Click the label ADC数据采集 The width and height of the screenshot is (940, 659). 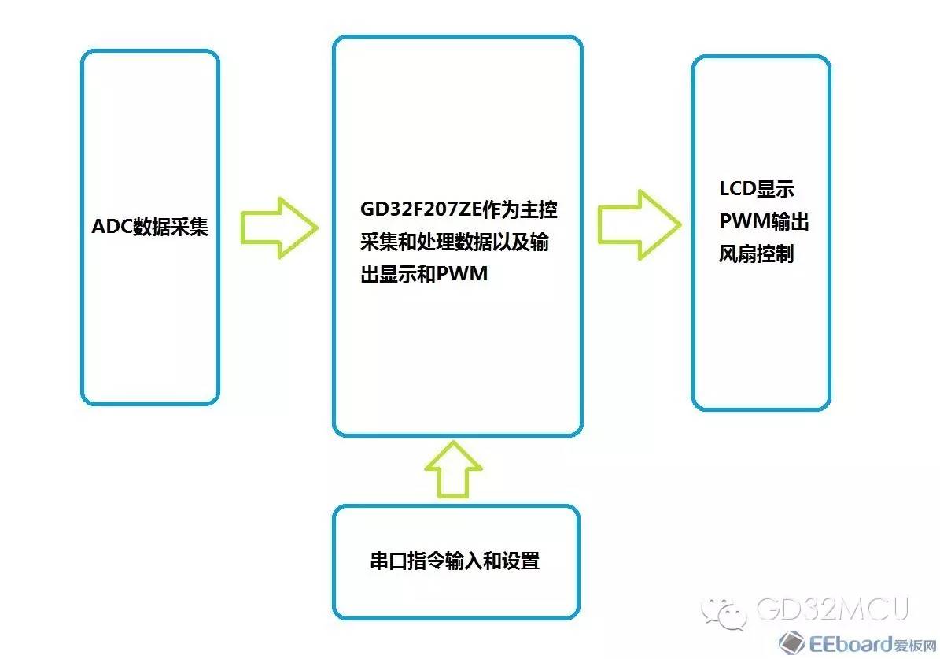coord(150,227)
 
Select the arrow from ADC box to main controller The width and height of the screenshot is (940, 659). coord(279,228)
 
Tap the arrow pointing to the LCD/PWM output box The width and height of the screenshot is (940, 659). coord(640,224)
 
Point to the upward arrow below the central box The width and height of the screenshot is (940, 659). coord(453,469)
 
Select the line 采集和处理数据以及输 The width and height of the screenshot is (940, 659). coord(455,242)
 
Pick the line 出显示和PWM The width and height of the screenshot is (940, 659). coord(424,274)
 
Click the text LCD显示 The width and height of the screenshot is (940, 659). coord(757,189)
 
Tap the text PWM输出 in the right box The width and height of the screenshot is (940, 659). coord(764,221)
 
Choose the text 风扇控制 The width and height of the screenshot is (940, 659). coord(757,254)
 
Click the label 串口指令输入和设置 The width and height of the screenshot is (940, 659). coord(455,561)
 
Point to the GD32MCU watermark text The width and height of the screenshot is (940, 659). coord(833,609)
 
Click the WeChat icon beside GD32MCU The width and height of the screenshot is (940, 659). coord(724,613)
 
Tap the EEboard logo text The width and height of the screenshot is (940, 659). coord(850,644)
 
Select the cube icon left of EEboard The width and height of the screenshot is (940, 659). coord(791,642)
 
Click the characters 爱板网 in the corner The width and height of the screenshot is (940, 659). coord(915,646)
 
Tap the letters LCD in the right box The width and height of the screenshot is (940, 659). coord(737,189)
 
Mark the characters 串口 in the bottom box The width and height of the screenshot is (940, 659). coord(389,561)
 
